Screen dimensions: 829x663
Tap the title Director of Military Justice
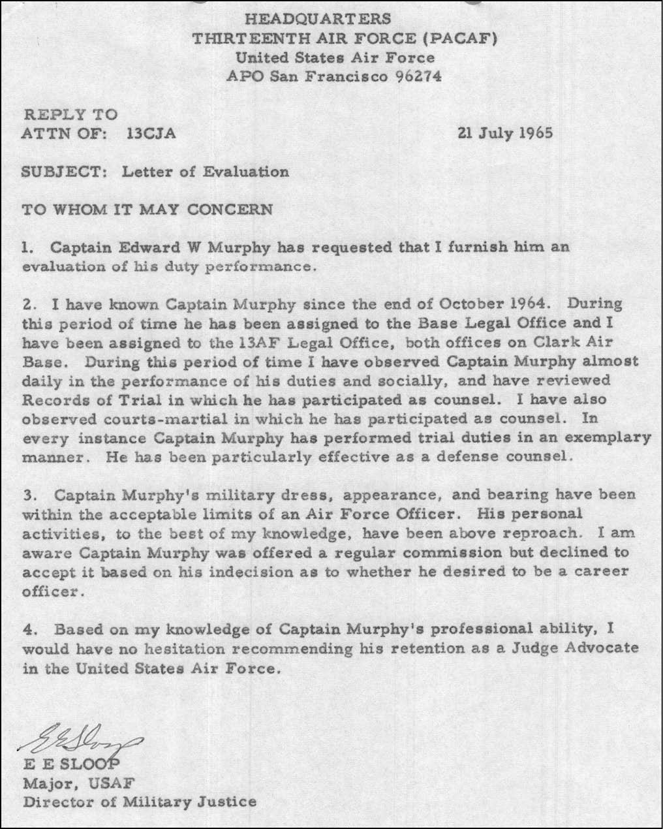pos(140,802)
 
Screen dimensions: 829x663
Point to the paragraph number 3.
pos(27,495)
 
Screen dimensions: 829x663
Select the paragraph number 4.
pos(27,630)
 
